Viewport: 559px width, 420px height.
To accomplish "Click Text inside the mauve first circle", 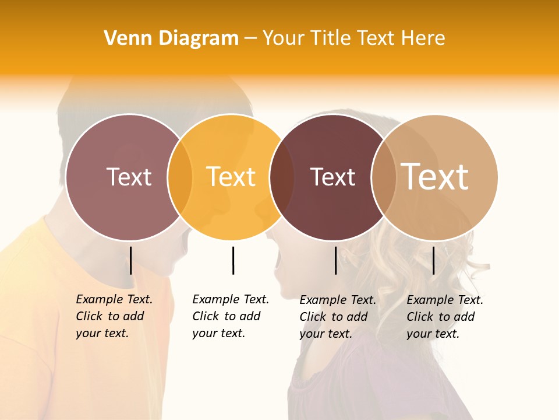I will (129, 177).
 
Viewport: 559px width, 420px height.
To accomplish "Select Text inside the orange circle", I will (231, 177).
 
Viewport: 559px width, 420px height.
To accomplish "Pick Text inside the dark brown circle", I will (332, 177).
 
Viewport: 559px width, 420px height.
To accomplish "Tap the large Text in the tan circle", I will (435, 177).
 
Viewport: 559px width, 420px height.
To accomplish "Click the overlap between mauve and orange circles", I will (180, 177).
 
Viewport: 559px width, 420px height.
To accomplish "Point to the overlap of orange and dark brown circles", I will (282, 177).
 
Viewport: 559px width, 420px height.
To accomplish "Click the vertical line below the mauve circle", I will (130, 260).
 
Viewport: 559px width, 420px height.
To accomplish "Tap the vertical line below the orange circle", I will (233, 260).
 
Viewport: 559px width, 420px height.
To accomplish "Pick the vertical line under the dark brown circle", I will (335, 260).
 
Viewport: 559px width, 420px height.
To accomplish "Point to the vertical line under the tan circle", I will (433, 260).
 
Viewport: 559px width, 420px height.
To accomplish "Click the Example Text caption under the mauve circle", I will (114, 316).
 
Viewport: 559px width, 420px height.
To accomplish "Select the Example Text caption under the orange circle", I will (230, 316).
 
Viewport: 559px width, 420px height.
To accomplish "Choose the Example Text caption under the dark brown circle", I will (337, 317).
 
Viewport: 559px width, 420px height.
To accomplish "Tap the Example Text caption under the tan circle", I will (444, 317).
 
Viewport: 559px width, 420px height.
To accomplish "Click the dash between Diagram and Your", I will (250, 39).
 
